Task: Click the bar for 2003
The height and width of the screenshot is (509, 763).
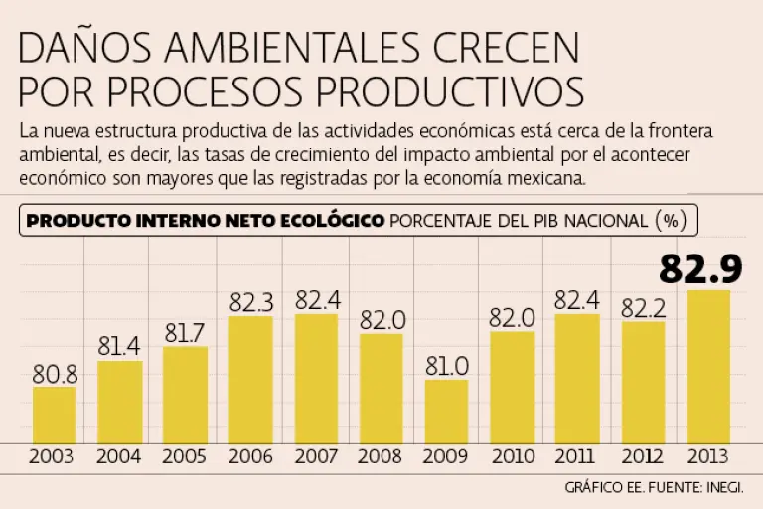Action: (x=54, y=414)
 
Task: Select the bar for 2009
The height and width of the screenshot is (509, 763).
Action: (x=446, y=410)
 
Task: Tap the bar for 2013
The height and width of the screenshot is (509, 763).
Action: (x=708, y=365)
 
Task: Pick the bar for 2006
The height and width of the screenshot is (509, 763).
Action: (x=250, y=379)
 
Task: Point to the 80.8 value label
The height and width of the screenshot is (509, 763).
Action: (x=55, y=375)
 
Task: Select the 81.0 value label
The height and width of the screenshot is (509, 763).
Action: (x=446, y=366)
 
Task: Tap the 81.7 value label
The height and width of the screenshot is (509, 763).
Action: (x=185, y=334)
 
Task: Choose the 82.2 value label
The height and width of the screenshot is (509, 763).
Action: (x=643, y=309)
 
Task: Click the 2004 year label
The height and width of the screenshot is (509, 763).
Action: (x=119, y=457)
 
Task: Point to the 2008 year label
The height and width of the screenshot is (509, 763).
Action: (x=381, y=457)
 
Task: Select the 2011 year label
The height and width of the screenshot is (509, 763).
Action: (x=577, y=457)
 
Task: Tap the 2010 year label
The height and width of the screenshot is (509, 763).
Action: (x=512, y=457)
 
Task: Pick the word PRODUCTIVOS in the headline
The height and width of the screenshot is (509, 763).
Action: (x=444, y=91)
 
